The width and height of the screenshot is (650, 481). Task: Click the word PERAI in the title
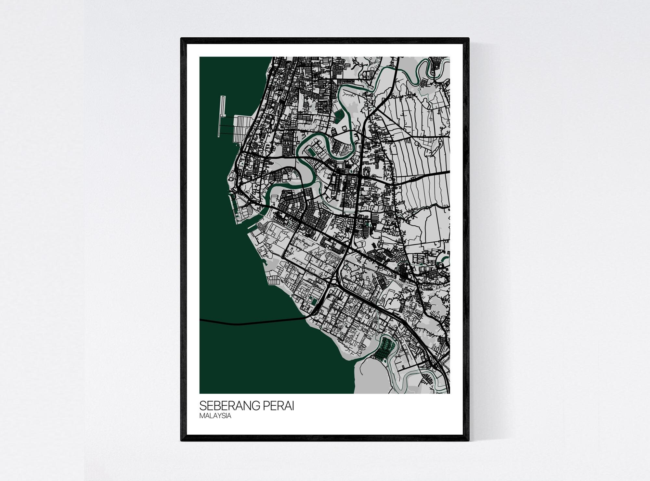[279, 406]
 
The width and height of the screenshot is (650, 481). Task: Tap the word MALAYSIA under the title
[215, 416]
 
